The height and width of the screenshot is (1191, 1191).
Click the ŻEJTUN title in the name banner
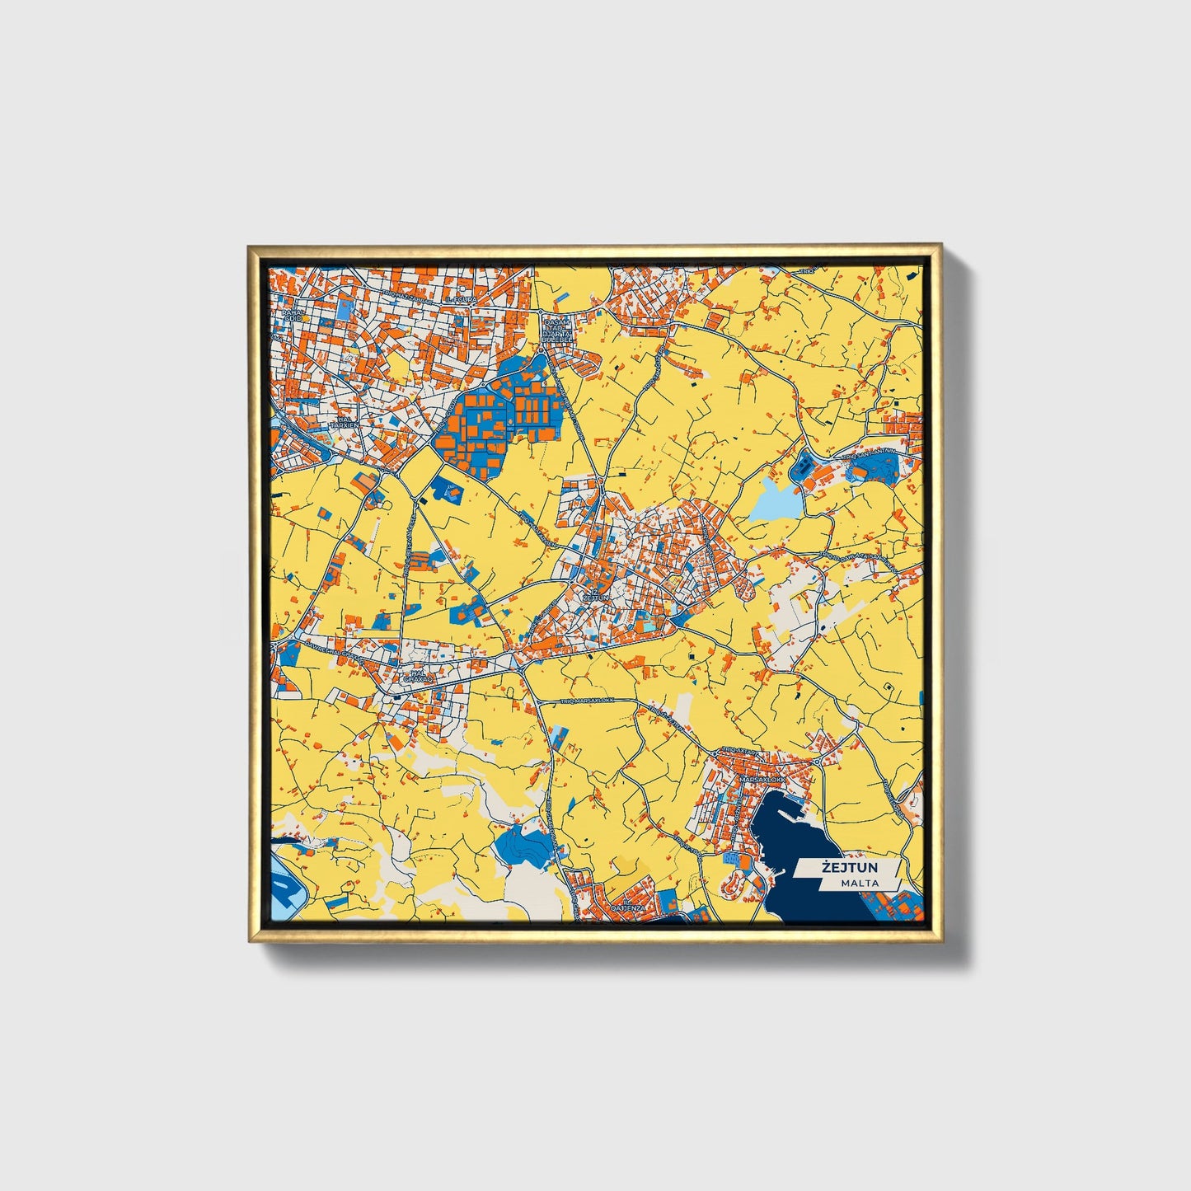[848, 867]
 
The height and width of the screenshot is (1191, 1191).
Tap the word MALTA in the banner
[860, 883]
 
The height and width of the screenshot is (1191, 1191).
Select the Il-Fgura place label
[460, 300]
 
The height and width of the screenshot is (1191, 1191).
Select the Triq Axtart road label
[735, 750]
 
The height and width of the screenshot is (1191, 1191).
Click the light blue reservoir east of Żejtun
[774, 499]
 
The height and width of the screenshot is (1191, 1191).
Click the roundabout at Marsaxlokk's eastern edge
[816, 762]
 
